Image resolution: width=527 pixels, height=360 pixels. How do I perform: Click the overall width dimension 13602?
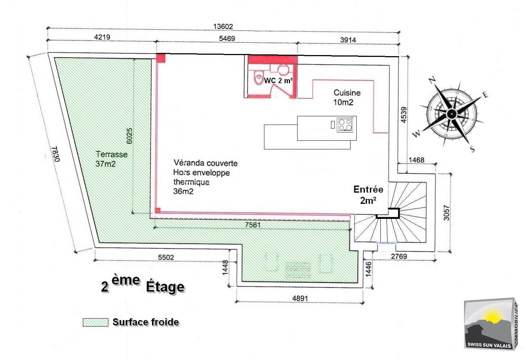click(223, 26)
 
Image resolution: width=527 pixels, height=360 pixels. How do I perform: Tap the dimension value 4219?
click(102, 37)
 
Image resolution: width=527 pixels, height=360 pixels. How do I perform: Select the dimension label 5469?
click(227, 38)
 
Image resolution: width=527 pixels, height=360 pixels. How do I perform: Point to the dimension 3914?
click(348, 40)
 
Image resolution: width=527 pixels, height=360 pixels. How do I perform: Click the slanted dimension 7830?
click(55, 154)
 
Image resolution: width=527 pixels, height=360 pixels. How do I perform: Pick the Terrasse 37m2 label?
click(111, 159)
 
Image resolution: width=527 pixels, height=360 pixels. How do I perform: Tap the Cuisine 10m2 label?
click(347, 97)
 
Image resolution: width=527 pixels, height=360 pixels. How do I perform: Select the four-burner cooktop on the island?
click(345, 125)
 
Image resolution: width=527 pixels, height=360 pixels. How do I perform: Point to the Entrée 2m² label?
click(368, 194)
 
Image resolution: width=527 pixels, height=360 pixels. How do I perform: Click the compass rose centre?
click(451, 114)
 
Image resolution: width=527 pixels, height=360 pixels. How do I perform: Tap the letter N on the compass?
click(433, 80)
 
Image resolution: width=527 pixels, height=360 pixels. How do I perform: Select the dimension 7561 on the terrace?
click(253, 225)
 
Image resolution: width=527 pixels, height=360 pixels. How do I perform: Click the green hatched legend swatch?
click(95, 322)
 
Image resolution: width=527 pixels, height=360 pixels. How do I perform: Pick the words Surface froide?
click(146, 322)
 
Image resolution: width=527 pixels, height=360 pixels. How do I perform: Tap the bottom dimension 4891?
click(300, 298)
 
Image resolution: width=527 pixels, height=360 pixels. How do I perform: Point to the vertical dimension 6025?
click(130, 136)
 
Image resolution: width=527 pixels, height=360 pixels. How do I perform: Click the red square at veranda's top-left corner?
click(161, 58)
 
